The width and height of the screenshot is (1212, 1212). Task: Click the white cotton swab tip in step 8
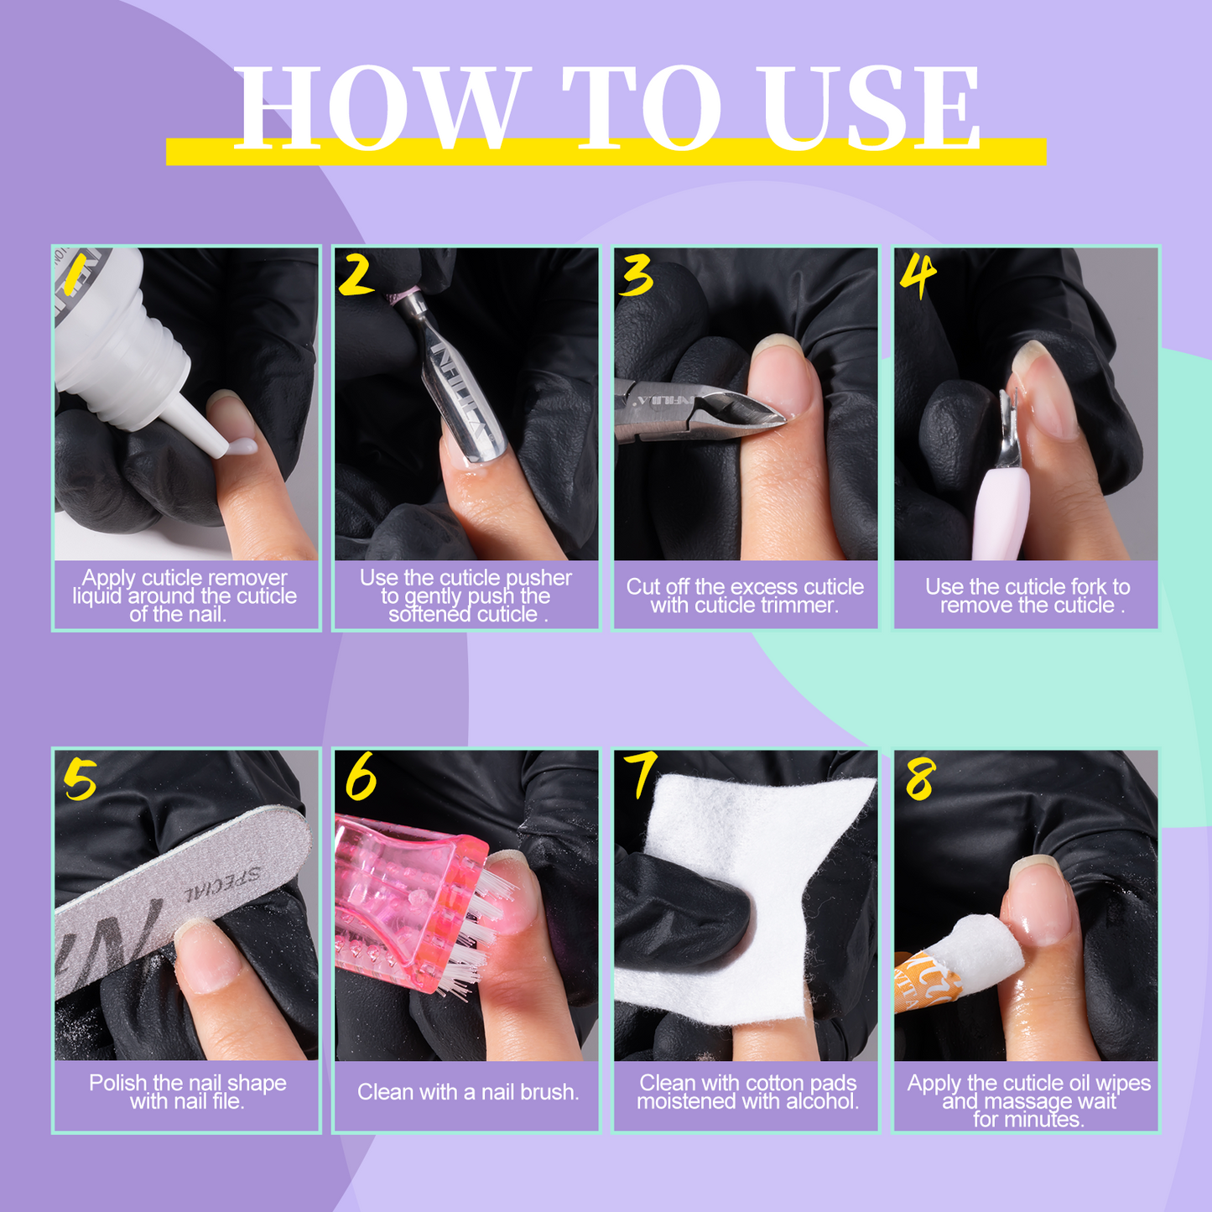(x=981, y=956)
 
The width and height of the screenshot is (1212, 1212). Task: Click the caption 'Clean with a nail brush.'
(x=467, y=1092)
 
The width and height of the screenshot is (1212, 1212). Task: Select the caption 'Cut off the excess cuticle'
(x=745, y=587)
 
